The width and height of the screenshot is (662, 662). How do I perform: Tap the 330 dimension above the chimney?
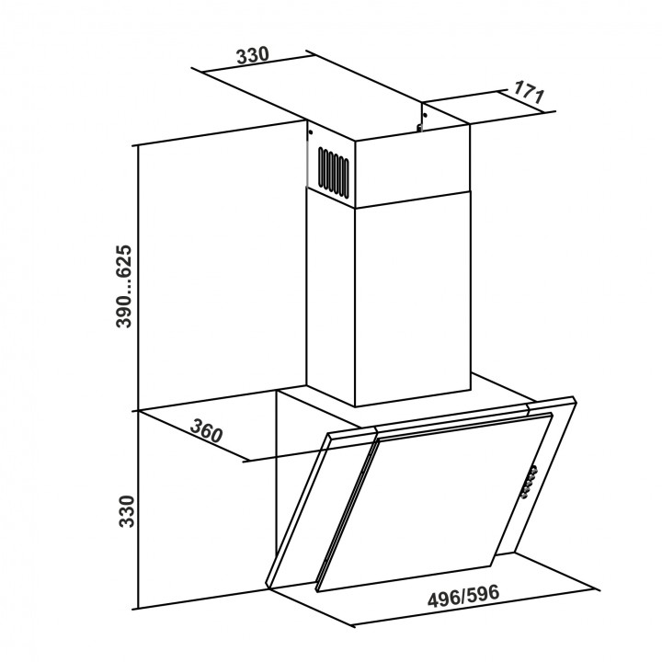tap(252, 55)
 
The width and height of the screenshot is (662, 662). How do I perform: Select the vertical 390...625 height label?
tap(124, 286)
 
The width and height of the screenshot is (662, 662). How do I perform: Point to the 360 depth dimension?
tap(206, 429)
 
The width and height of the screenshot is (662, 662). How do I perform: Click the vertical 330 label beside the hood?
tap(126, 511)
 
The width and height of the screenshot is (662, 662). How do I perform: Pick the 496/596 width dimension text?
tap(463, 596)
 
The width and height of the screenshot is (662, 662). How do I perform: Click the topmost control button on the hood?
tap(534, 470)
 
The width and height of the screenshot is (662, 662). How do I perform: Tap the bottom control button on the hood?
tap(525, 495)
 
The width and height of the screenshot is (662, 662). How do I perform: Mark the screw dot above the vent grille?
tap(311, 132)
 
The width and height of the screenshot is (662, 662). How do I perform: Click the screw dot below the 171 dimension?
tap(424, 113)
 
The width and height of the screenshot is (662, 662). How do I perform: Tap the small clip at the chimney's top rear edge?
tap(419, 127)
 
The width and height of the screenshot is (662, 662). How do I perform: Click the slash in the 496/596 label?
tap(463, 596)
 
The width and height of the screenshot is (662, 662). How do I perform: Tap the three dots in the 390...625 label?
tap(125, 283)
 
